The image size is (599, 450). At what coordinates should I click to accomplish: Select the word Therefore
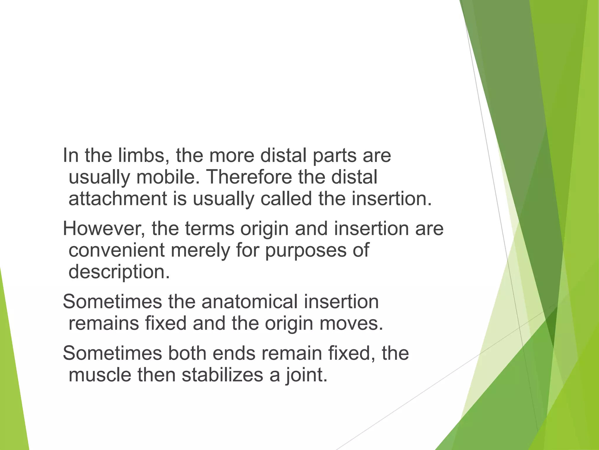click(x=248, y=177)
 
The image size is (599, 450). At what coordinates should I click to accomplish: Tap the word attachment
click(x=118, y=199)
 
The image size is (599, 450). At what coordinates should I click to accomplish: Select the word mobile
click(x=168, y=177)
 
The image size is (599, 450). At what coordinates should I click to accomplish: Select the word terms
click(x=209, y=229)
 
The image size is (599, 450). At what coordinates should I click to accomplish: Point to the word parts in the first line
click(x=335, y=156)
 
